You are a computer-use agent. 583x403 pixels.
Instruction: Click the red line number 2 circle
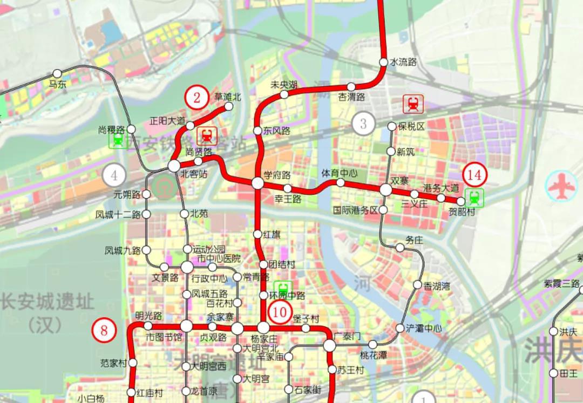(x=197, y=98)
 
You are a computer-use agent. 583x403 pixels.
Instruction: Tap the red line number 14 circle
(x=474, y=175)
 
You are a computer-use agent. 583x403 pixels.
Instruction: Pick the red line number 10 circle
(x=281, y=311)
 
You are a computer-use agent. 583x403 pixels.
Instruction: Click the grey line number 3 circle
(x=363, y=124)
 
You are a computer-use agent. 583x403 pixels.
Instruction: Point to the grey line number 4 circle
(x=114, y=175)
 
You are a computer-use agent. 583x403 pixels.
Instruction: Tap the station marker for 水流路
(x=383, y=62)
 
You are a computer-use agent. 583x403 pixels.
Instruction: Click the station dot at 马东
(x=57, y=73)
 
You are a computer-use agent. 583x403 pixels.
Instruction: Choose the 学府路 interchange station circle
(x=257, y=183)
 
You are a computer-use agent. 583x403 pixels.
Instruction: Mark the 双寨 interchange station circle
(x=385, y=190)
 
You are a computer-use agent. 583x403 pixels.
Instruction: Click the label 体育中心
(x=340, y=173)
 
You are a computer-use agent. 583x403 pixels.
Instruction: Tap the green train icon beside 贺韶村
(x=476, y=197)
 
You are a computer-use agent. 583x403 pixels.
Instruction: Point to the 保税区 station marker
(x=392, y=126)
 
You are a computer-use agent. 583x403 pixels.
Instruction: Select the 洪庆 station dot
(x=553, y=331)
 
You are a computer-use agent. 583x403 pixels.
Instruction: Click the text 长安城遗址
(x=47, y=302)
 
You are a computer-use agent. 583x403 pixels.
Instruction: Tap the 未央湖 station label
(x=284, y=85)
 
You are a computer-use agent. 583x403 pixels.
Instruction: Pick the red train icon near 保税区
(x=413, y=104)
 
